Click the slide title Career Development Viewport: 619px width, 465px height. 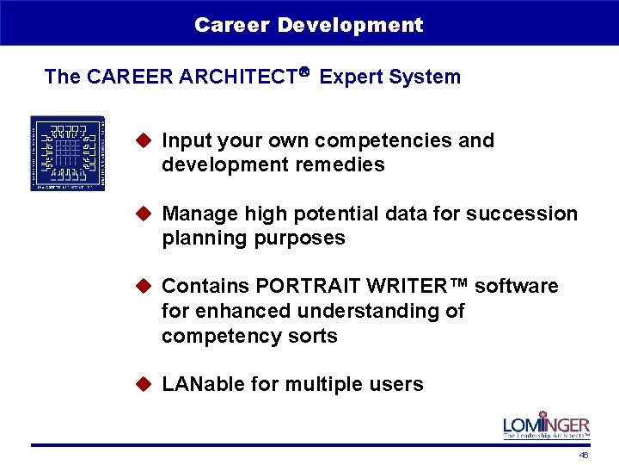pyautogui.click(x=309, y=25)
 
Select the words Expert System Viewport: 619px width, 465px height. pyautogui.click(x=389, y=77)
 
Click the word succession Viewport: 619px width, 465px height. pyautogui.click(x=529, y=214)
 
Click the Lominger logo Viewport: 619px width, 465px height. pyautogui.click(x=546, y=425)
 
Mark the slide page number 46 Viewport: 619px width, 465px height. pyautogui.click(x=584, y=455)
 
